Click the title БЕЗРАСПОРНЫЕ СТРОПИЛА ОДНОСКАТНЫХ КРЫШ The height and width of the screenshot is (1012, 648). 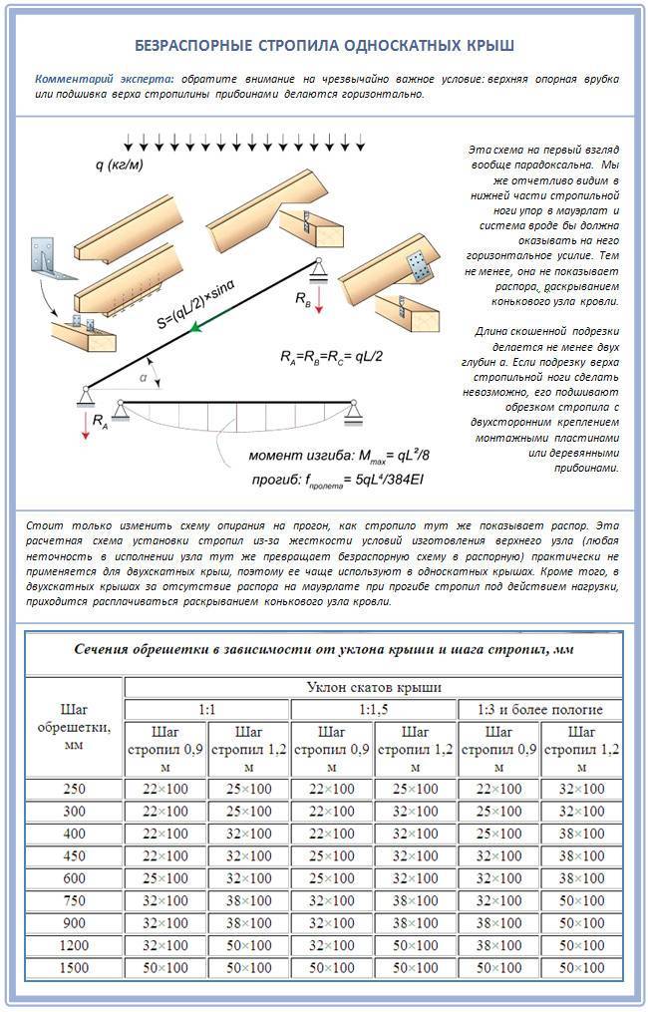tap(324, 47)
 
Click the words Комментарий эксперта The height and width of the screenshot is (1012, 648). tap(105, 79)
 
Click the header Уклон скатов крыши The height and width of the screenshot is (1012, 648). tap(373, 687)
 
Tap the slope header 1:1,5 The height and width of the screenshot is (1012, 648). tap(373, 710)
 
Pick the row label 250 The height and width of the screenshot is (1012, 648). tap(73, 789)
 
